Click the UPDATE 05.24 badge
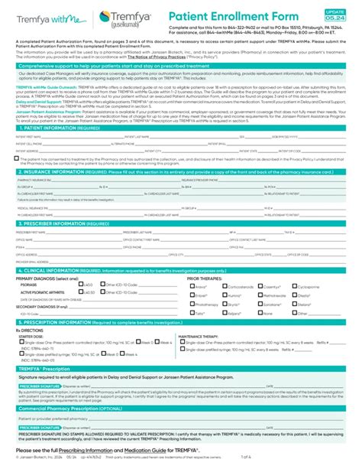click(x=350, y=15)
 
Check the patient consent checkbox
click(x=6, y=158)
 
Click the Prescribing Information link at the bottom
click(x=89, y=451)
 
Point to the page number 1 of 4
click(x=331, y=458)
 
